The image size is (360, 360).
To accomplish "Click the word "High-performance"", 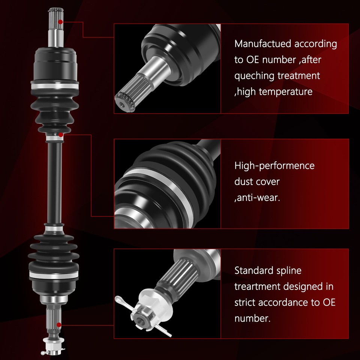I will coord(274,165).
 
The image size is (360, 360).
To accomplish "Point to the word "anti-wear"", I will coord(259,198).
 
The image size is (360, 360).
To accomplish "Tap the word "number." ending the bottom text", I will coord(252,318).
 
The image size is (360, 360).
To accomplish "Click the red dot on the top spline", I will coord(60,22).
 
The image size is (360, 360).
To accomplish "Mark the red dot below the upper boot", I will coord(60,134).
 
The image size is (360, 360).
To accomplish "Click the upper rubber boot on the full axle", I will coord(55,107).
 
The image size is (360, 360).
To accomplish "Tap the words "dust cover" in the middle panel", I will coord(257,181).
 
